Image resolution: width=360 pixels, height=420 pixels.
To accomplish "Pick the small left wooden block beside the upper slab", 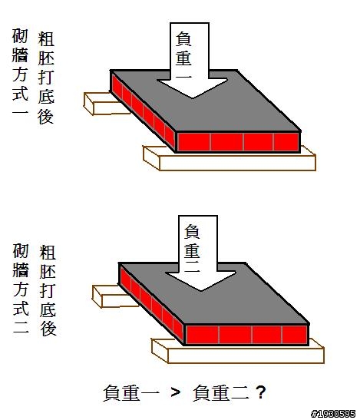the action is click(x=104, y=105).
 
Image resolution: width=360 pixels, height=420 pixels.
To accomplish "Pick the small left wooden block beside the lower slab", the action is click(x=113, y=297).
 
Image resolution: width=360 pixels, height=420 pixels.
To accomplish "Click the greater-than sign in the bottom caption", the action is click(x=176, y=392).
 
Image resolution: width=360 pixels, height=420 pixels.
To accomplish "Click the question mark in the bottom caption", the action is click(x=261, y=392).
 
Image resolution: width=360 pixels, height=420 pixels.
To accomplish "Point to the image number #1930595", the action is click(x=334, y=414).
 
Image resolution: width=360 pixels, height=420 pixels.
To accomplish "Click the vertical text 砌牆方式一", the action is click(x=20, y=71).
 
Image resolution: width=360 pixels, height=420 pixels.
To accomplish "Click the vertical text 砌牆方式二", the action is click(x=21, y=288).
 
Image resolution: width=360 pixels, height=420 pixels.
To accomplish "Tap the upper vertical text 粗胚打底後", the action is click(x=46, y=78).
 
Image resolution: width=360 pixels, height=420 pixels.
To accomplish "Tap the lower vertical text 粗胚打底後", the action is click(x=48, y=290).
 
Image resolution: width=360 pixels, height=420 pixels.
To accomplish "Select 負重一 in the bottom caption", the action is click(x=131, y=393).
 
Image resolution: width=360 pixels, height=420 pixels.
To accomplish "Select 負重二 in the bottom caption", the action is click(x=221, y=393).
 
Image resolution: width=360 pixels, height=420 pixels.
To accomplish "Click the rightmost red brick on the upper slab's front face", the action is click(x=286, y=142).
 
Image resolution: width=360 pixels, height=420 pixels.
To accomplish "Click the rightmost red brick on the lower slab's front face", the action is click(x=295, y=335).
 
